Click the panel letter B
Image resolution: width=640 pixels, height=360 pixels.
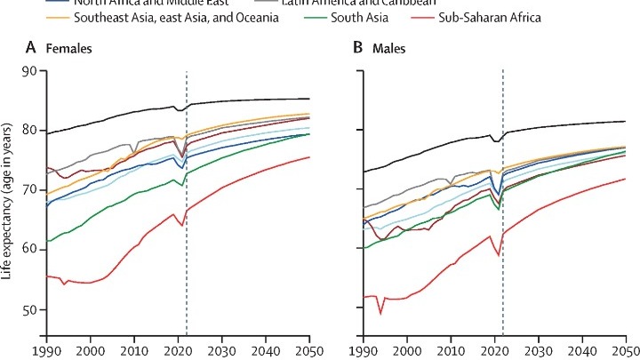[360, 50]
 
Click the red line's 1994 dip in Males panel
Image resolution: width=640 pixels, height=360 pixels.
[380, 313]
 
